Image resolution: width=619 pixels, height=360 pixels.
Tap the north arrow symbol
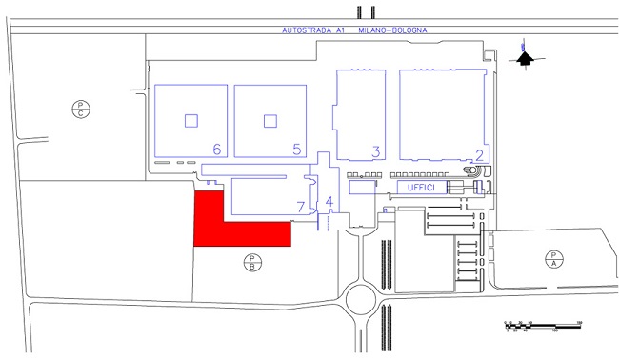tap(523, 57)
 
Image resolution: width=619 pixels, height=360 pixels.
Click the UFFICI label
tap(420, 189)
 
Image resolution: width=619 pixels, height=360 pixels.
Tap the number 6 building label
tap(217, 150)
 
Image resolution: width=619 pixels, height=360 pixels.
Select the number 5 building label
tap(297, 150)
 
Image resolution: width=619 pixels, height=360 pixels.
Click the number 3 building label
tap(376, 151)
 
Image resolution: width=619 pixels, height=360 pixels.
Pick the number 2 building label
tap(480, 154)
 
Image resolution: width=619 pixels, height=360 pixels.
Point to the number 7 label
tap(301, 205)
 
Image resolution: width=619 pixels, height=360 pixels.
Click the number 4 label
tap(329, 202)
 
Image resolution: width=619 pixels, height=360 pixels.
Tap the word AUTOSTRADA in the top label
tap(305, 30)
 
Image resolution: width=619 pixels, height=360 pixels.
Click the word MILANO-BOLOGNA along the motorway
tap(392, 30)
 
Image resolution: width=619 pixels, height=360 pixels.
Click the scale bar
tap(542, 327)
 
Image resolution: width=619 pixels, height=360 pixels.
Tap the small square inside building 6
tap(191, 120)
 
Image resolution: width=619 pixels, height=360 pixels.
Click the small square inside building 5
tap(270, 120)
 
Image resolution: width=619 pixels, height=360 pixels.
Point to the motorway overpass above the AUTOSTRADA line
tap(361, 12)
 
